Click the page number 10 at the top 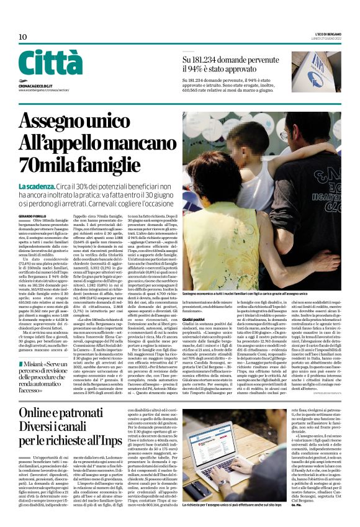click(22, 37)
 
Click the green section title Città click(50, 63)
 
